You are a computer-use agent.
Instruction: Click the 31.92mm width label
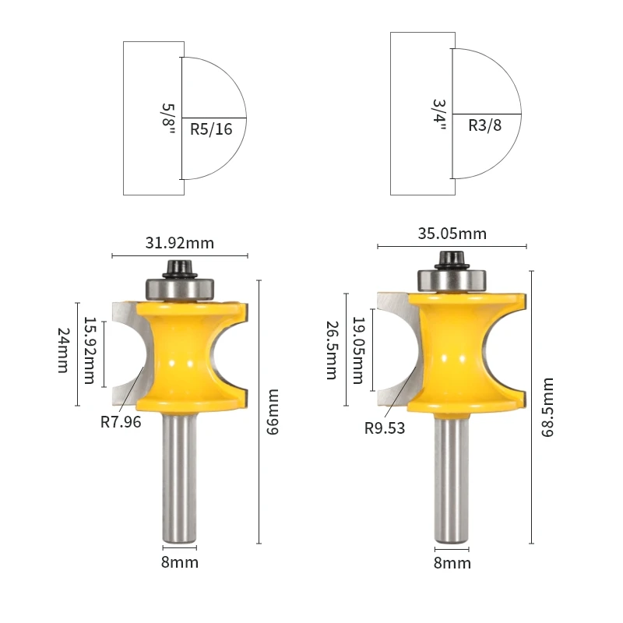click(180, 243)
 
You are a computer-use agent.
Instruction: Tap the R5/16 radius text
click(211, 130)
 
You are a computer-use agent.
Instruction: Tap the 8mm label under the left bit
click(180, 562)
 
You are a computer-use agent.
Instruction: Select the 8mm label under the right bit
click(452, 562)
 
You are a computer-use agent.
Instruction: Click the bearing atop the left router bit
click(180, 287)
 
